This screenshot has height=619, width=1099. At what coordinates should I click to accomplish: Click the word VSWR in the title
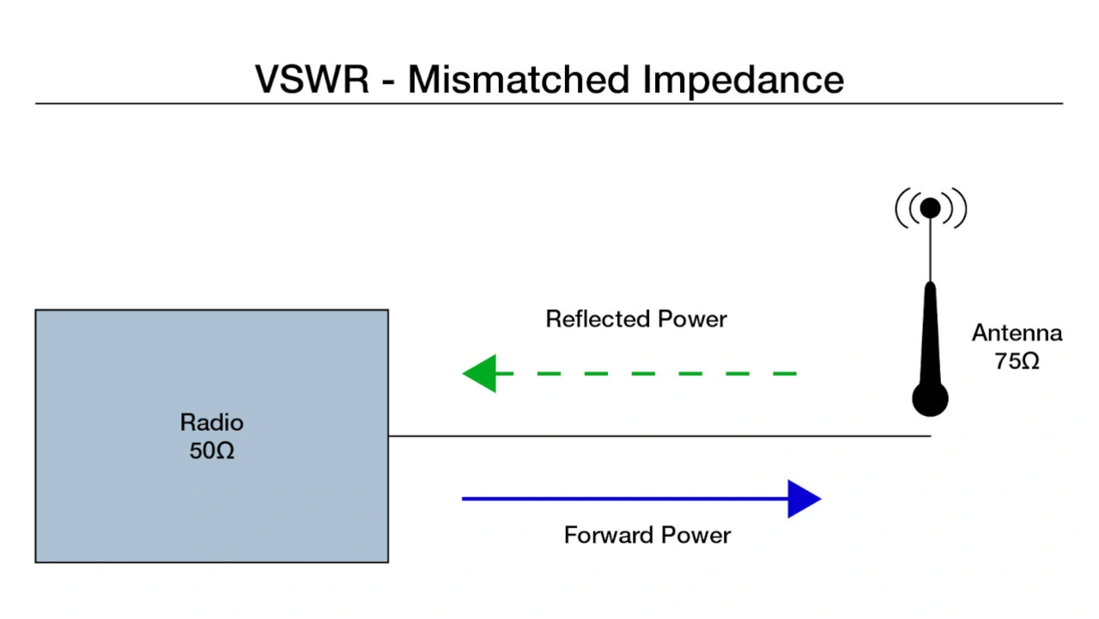(312, 79)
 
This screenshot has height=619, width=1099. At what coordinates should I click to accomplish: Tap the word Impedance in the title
(744, 79)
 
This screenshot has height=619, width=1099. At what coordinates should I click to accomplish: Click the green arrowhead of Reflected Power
(481, 373)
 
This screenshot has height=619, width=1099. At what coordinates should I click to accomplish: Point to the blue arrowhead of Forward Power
(804, 499)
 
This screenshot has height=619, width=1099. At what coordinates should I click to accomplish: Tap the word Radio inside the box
(211, 422)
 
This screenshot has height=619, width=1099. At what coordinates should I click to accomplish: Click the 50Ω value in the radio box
(211, 450)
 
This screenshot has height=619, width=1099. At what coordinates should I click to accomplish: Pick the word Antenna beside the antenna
(1017, 333)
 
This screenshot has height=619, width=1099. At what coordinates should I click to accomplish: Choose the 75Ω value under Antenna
(1017, 361)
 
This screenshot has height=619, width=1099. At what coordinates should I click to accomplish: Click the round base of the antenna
(930, 400)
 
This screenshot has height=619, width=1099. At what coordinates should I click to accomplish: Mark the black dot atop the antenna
(930, 208)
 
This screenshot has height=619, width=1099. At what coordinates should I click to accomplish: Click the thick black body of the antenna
(930, 335)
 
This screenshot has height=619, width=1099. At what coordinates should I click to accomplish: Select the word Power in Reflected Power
(693, 319)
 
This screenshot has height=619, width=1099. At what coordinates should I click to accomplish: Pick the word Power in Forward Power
(696, 536)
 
